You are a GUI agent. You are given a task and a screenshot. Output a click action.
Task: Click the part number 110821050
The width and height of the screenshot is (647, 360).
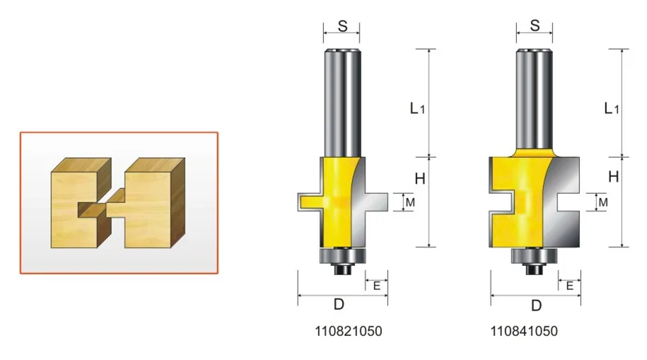(x=349, y=331)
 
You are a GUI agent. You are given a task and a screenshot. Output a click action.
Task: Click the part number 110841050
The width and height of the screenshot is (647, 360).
(x=524, y=331)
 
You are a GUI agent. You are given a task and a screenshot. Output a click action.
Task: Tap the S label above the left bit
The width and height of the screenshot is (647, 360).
(x=342, y=26)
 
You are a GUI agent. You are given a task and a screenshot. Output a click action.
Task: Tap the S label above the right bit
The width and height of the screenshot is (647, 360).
(x=535, y=25)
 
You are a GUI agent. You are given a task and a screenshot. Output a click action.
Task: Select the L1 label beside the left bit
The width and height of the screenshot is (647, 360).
(x=417, y=109)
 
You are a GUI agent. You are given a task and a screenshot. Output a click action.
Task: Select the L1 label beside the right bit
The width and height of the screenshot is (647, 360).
(x=612, y=109)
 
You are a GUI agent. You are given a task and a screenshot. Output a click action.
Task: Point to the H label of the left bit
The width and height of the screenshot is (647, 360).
(x=419, y=179)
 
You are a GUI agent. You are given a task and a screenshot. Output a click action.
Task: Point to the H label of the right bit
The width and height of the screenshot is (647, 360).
(x=614, y=177)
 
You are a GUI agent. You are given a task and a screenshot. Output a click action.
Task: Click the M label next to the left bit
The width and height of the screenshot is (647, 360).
(x=410, y=202)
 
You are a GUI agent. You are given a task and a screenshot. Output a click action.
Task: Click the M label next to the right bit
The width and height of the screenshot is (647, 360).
(x=603, y=202)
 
